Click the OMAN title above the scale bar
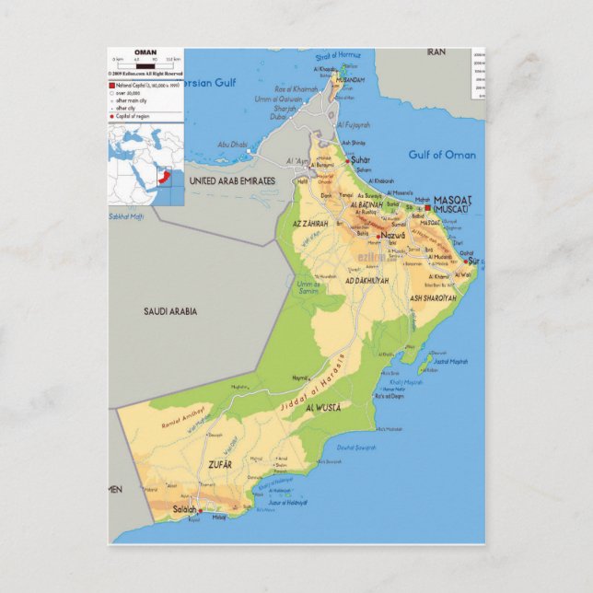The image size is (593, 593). (x=145, y=53)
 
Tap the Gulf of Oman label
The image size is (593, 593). (x=442, y=155)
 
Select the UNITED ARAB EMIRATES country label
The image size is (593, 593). (x=231, y=181)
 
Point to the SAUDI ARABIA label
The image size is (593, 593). (x=169, y=311)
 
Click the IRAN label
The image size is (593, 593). (x=436, y=52)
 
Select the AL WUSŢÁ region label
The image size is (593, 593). (x=322, y=406)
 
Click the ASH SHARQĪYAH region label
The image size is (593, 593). (x=433, y=298)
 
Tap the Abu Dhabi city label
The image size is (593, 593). (x=233, y=144)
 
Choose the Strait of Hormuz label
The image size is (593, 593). (x=339, y=55)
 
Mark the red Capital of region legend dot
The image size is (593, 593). (x=112, y=117)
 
